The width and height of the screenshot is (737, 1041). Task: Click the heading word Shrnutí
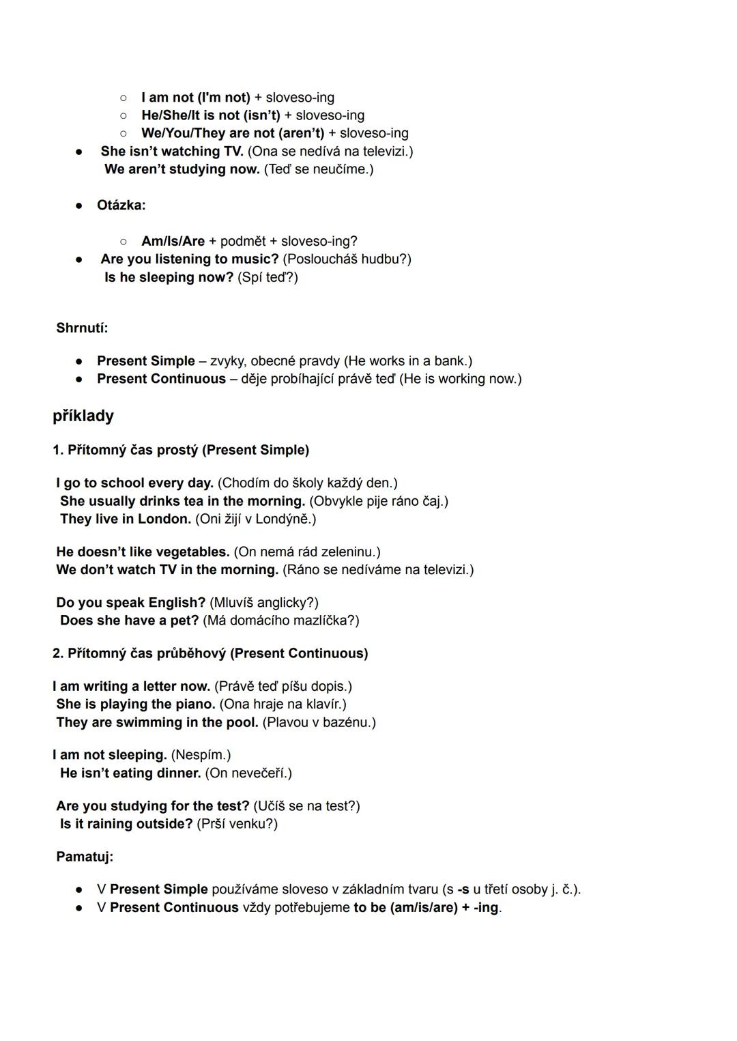pos(81,328)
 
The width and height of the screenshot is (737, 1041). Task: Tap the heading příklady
pos(83,416)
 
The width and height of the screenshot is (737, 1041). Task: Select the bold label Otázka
pos(120,205)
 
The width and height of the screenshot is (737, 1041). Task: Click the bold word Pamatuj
pos(84,856)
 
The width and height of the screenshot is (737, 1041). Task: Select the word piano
pos(195,704)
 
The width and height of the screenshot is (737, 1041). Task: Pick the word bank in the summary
pos(453,360)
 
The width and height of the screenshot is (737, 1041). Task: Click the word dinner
pos(179,773)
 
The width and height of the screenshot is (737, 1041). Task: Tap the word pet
pos(189,620)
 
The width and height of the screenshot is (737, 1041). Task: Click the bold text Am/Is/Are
pos(173,241)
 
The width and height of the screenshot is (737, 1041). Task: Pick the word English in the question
pos(176,602)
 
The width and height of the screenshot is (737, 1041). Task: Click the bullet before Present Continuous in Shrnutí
pos(80,379)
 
